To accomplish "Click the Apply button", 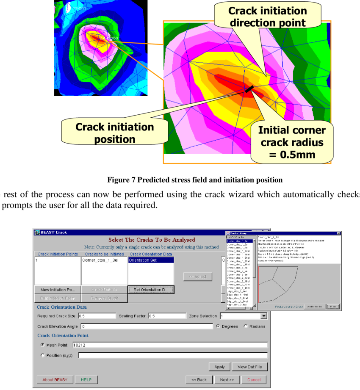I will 219,367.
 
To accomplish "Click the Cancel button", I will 254,379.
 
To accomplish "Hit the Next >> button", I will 227,379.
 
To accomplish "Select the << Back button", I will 199,379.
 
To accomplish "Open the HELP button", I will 86,379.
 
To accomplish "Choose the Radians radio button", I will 246,326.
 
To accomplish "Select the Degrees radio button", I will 218,326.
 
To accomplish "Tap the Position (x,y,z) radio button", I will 42,356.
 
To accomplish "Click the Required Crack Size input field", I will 97,316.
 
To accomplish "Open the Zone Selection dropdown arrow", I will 264,316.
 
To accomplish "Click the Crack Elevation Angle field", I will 147,326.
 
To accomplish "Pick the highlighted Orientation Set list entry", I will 150,260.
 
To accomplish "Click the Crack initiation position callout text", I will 114,133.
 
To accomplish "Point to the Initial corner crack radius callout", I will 292,142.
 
